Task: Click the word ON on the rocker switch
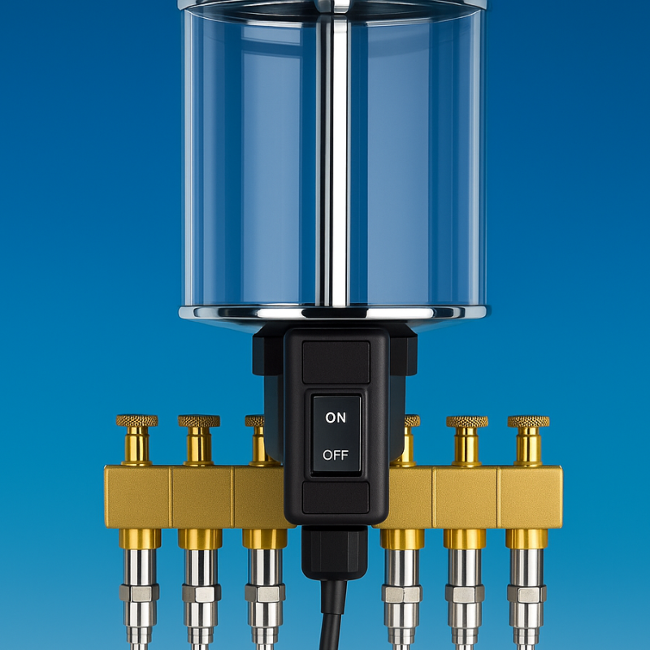[x=336, y=418]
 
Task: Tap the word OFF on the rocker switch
[x=336, y=455]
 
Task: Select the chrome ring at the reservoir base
[x=335, y=313]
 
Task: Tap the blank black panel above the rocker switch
[x=336, y=362]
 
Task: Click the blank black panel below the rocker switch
[x=336, y=497]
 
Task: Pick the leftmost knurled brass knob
[x=136, y=421]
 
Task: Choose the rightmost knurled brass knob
[x=529, y=422]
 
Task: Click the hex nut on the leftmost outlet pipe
[x=139, y=593]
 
